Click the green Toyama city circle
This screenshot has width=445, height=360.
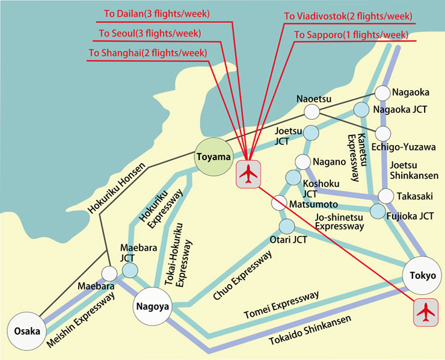[213, 157]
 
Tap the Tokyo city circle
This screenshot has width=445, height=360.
[422, 275]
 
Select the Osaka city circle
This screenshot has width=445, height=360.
[27, 331]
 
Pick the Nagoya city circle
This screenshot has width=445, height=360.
[153, 306]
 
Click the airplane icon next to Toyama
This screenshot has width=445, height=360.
[248, 174]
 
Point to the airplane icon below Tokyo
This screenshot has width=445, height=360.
[426, 312]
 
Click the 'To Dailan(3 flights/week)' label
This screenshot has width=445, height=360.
[157, 14]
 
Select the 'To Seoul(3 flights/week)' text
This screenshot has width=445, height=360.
[150, 33]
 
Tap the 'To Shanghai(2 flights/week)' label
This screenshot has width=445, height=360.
[148, 53]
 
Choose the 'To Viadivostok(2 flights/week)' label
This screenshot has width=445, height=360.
[348, 16]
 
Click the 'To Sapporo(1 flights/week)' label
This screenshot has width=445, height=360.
[351, 35]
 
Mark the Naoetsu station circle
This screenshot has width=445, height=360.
[312, 111]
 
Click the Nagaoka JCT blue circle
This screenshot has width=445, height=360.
[361, 110]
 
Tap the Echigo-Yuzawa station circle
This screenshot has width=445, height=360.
[383, 134]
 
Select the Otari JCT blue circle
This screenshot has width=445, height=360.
[287, 226]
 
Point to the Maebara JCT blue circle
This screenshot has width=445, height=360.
[130, 270]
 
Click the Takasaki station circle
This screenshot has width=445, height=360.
[386, 196]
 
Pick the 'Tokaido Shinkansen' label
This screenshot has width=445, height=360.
[310, 330]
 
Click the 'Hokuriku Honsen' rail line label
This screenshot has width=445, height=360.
[117, 188]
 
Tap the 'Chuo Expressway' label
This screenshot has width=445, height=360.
[243, 275]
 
